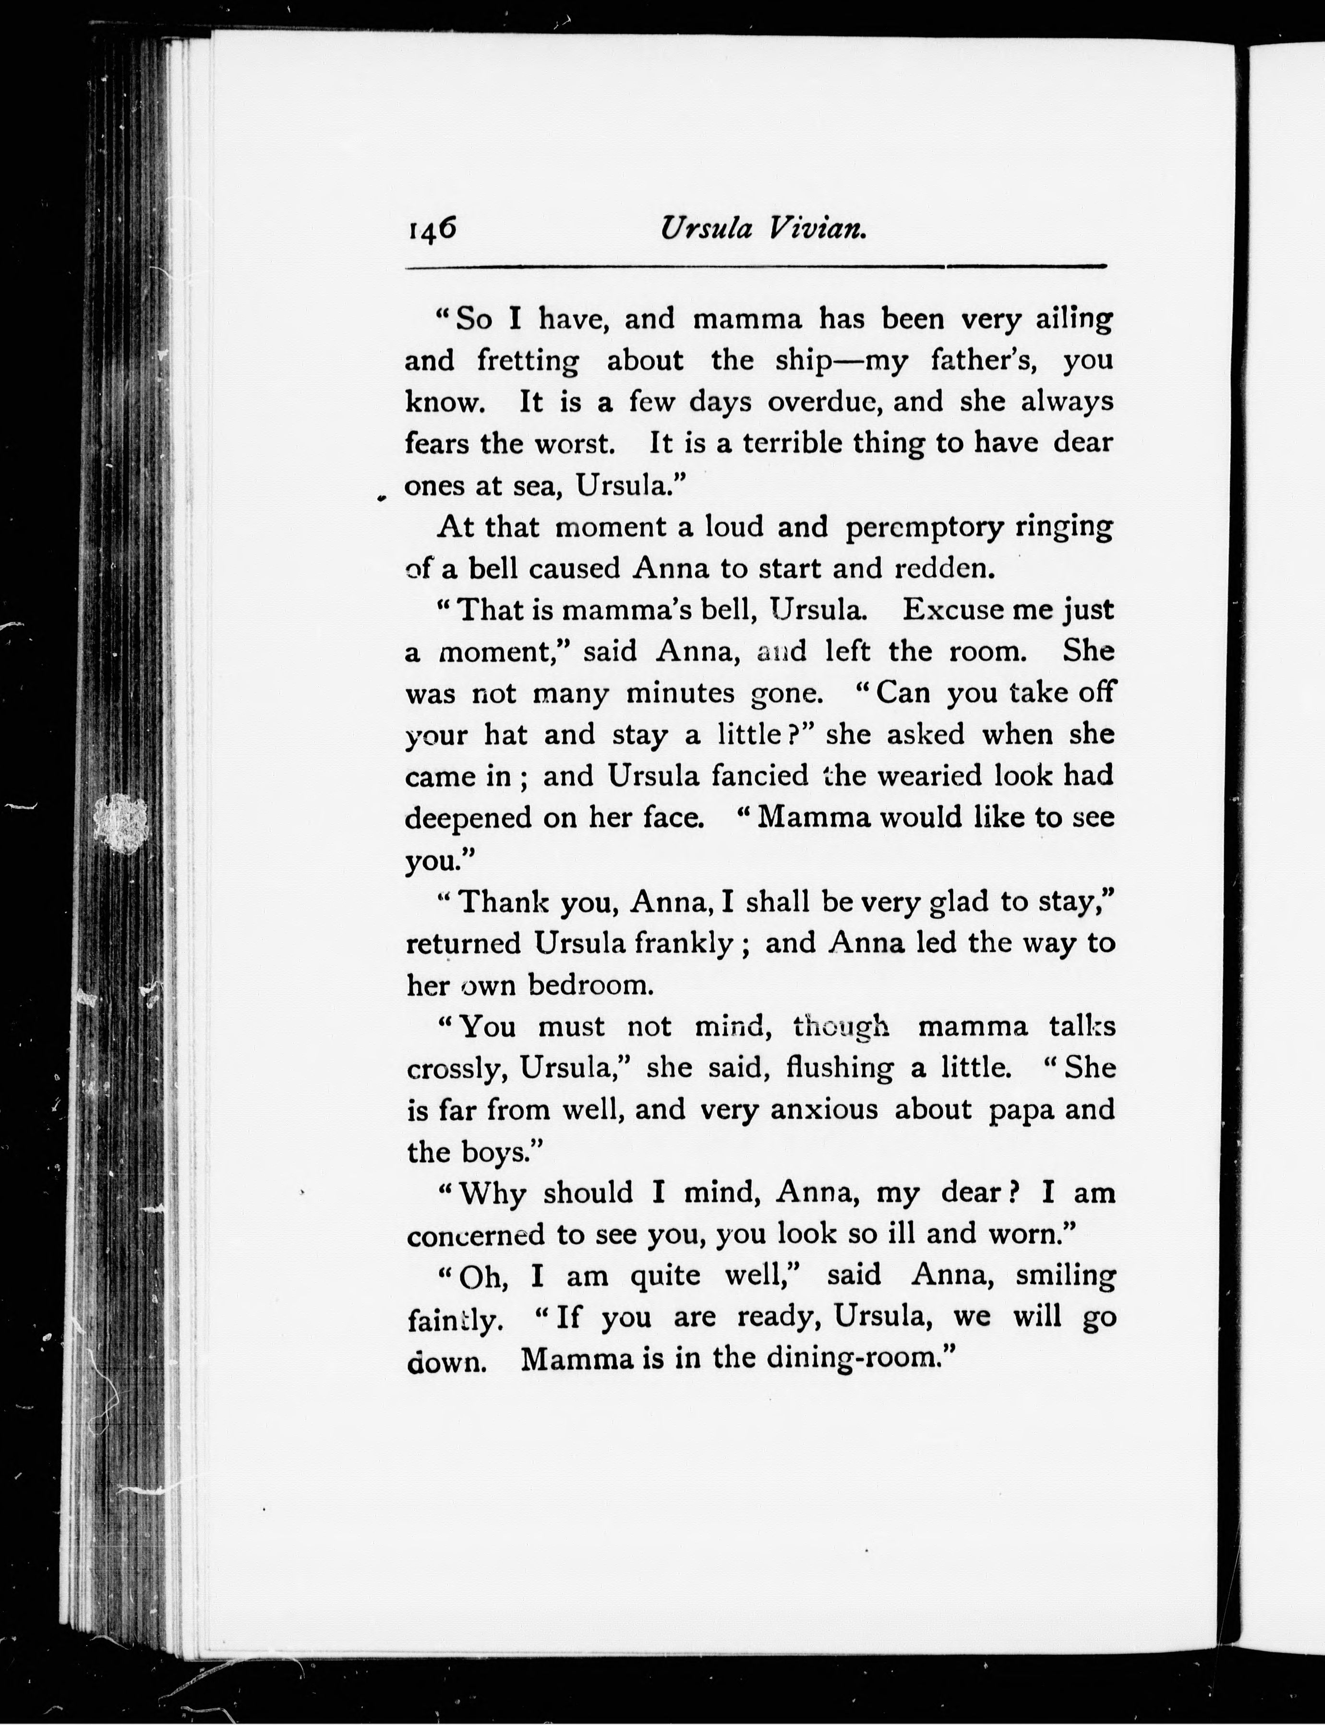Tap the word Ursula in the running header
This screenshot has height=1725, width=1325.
coord(706,228)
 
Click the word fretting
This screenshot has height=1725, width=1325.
coord(528,361)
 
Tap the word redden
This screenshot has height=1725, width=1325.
coord(942,568)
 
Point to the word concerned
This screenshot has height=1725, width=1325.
coord(476,1234)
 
